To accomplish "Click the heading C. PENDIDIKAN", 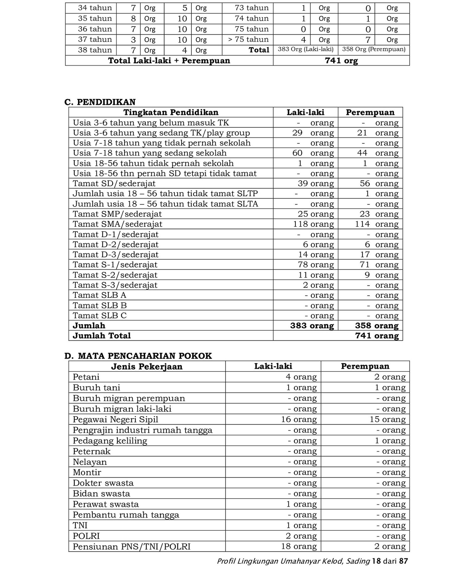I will pyautogui.click(x=100, y=102).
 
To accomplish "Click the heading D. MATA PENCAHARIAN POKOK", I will pyautogui.click(x=138, y=356).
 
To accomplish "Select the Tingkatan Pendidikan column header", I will pyautogui.click(x=171, y=112).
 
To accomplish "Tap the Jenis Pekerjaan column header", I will pyautogui.click(x=147, y=366).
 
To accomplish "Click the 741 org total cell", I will pyautogui.click(x=341, y=61).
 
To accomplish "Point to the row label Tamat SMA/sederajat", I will pyautogui.click(x=117, y=224).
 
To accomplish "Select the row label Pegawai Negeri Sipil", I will pyautogui.click(x=115, y=419).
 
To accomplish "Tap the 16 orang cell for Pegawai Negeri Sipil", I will pyautogui.click(x=298, y=419).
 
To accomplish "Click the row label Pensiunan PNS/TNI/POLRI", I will pyautogui.click(x=132, y=546).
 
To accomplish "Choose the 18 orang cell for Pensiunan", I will pyautogui.click(x=298, y=546).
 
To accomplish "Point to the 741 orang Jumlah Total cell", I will pyautogui.click(x=377, y=336).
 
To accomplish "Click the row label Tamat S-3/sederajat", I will pyautogui.click(x=115, y=285).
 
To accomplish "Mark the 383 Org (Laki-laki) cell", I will pyautogui.click(x=305, y=49).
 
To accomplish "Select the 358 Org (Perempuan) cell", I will pyautogui.click(x=374, y=49).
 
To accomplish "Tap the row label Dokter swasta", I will pyautogui.click(x=103, y=483).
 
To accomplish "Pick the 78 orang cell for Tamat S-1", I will pyautogui.click(x=316, y=265).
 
